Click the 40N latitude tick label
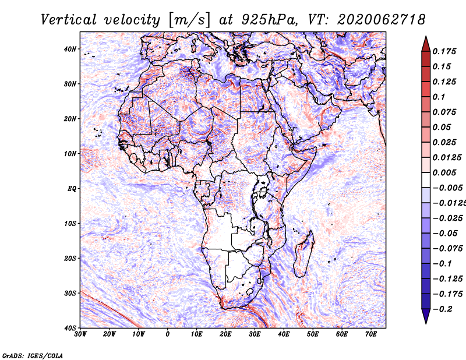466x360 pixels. (70, 49)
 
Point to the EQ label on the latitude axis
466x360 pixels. (72, 189)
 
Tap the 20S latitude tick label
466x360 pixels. (70, 258)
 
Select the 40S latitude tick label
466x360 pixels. (70, 328)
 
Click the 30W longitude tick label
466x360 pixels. (80, 334)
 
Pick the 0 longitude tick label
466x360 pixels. (168, 334)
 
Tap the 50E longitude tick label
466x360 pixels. (313, 334)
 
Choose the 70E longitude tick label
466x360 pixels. (371, 334)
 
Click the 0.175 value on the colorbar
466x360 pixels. (444, 52)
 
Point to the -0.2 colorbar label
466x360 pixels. (443, 309)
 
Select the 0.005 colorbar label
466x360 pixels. (444, 172)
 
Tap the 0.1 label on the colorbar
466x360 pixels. (439, 97)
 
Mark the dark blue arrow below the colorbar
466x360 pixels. (426, 316)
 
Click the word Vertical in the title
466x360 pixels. (69, 20)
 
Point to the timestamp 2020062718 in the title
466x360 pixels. (382, 20)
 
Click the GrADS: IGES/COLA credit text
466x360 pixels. (33, 356)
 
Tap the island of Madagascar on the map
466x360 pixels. (303, 254)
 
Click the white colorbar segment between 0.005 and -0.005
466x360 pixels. (426, 180)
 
